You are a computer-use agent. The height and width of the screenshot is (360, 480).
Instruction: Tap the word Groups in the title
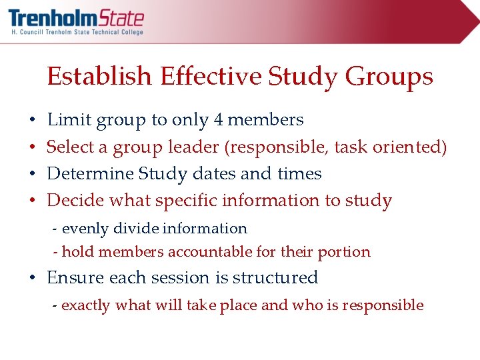[x=389, y=77]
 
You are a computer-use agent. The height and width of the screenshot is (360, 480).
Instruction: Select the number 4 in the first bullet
[x=219, y=120]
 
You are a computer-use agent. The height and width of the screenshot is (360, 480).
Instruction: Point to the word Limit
[x=69, y=120]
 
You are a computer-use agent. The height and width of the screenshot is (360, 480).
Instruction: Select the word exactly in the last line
[x=86, y=305]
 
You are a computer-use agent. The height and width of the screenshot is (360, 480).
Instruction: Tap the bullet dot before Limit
[x=33, y=121]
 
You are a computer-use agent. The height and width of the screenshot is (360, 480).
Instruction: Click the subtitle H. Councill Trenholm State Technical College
[x=77, y=32]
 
